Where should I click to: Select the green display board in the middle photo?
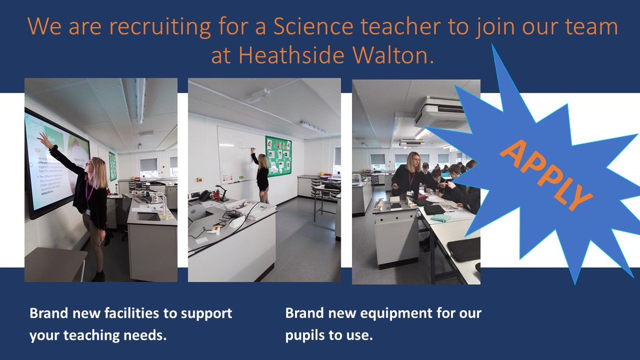278,156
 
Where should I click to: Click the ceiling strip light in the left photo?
140,99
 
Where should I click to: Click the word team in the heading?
593,28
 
